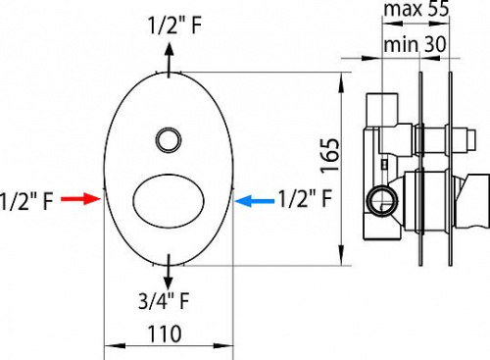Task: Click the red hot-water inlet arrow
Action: coord(80,199)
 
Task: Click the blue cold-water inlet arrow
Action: coord(255,200)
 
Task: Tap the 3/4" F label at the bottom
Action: coord(164,301)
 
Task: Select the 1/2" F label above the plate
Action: coord(174,25)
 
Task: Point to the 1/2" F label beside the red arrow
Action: coord(26,201)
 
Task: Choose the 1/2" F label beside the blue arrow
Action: coord(305,198)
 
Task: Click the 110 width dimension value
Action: coord(165,334)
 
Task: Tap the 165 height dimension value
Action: coord(330,155)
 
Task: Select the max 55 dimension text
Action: coord(416,9)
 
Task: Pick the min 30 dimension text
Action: coord(415,44)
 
